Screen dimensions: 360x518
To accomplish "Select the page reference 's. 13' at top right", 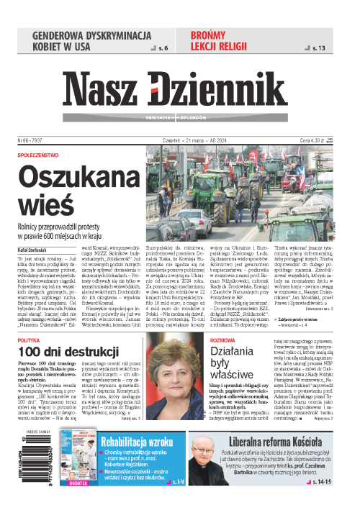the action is [319, 48].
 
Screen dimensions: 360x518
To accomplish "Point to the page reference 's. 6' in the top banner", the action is [163, 48].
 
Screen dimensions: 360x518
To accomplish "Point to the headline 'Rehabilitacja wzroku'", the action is [138, 442].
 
